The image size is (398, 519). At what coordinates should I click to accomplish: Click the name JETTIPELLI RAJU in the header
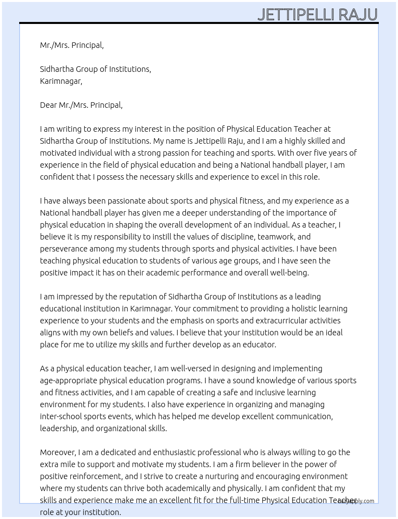[x=317, y=15]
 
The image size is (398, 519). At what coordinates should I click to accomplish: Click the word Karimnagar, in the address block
[x=61, y=81]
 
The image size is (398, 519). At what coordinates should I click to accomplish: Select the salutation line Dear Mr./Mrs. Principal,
[x=81, y=105]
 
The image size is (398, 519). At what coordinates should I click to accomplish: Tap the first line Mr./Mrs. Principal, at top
[x=72, y=45]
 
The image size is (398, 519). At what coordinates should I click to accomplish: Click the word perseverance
[x=64, y=249]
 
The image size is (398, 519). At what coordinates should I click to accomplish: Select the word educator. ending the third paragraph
[x=260, y=345]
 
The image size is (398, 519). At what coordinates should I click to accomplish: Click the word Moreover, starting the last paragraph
[x=58, y=452]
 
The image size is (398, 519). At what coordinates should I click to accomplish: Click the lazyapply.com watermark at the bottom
[x=356, y=501]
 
